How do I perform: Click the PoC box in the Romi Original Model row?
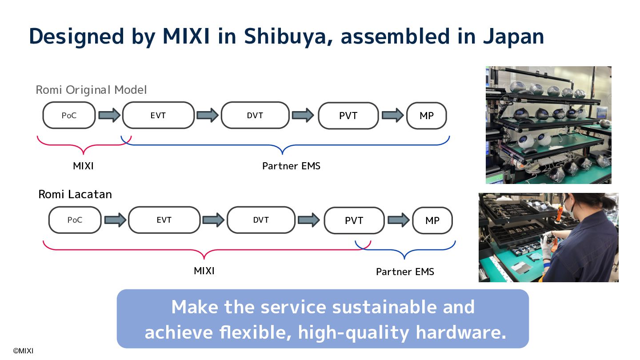69,116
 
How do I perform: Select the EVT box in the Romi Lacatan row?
164,220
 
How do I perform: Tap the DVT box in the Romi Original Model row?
255,116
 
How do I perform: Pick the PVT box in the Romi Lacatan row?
354,220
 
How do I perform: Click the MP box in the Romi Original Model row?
427,116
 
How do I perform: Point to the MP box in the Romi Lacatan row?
432,220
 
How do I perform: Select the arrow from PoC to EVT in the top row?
109,116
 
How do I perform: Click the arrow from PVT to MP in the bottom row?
398,220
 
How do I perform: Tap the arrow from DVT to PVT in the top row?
304,116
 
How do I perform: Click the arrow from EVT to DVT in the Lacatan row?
213,220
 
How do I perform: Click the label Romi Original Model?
91,90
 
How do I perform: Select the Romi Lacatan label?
75,194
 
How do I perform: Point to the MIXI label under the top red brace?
83,166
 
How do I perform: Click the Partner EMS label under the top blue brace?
291,166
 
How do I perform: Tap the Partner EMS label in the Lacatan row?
405,272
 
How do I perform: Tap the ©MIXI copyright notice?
23,351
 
